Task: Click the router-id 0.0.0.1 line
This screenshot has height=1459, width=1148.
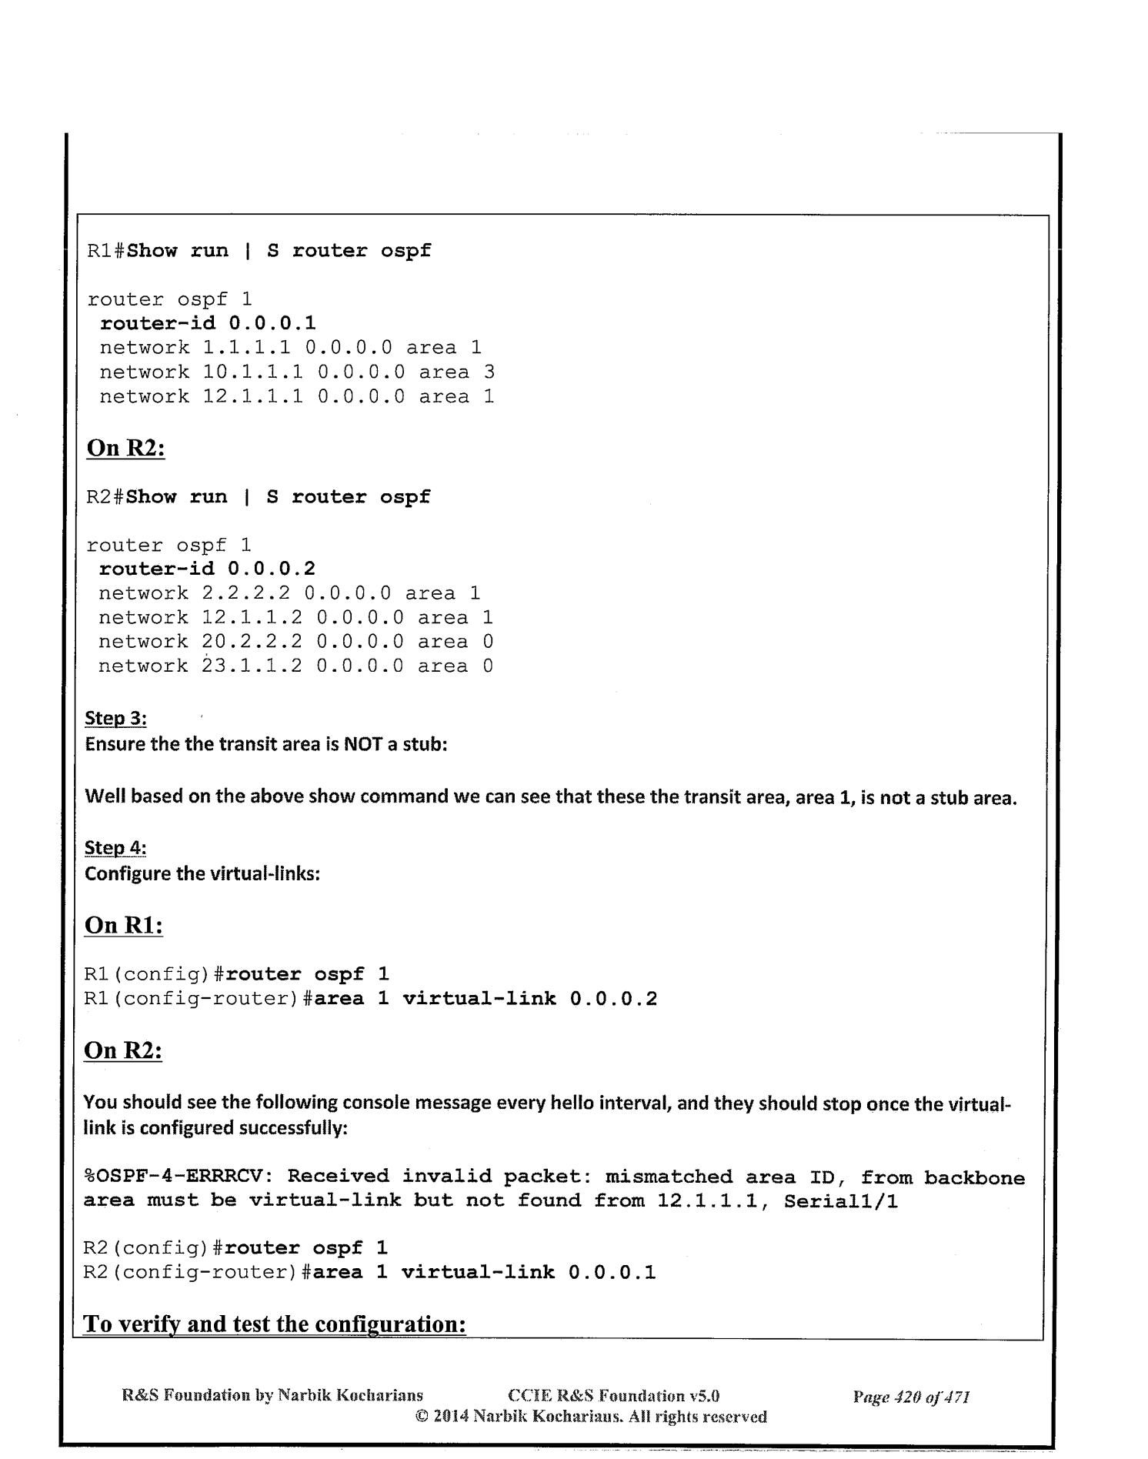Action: [208, 323]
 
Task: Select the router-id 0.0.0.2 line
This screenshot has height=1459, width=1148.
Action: [207, 569]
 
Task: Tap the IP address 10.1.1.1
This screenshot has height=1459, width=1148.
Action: [252, 372]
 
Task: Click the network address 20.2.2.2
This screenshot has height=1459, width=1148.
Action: [252, 642]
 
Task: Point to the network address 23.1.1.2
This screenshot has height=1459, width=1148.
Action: [252, 666]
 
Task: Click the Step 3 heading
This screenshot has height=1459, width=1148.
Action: [115, 719]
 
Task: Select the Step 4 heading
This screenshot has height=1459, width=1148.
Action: [115, 848]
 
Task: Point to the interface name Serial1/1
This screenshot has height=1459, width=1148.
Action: [840, 1201]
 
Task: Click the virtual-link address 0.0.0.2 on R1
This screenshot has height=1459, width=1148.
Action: [613, 999]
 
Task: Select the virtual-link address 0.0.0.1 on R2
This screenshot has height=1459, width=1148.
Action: [612, 1272]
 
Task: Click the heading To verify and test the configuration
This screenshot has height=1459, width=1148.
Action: [275, 1324]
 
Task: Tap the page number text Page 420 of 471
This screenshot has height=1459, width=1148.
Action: [911, 1396]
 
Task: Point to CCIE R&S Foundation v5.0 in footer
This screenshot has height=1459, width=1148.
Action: [613, 1396]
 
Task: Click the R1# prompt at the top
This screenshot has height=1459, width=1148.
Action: [106, 251]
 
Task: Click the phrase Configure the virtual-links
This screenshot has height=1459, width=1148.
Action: [202, 874]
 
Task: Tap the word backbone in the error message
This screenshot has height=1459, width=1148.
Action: [974, 1177]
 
